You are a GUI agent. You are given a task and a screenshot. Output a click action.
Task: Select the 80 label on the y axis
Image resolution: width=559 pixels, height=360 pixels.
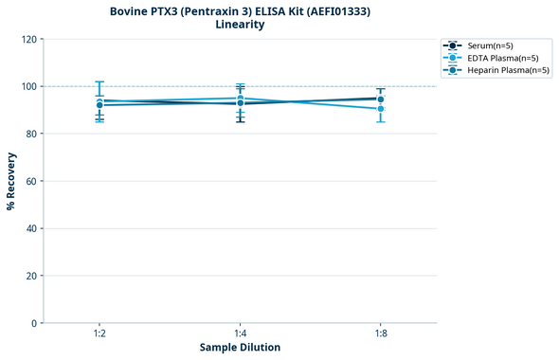[30, 134]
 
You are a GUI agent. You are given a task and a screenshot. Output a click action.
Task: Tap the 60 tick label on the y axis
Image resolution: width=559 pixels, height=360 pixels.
[30, 181]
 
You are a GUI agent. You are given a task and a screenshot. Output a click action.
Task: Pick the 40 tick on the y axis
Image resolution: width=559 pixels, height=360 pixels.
[30, 228]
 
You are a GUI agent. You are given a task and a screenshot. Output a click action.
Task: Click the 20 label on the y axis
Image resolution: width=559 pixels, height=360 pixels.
[30, 276]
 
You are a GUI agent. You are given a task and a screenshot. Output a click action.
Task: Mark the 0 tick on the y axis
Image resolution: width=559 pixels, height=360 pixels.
[33, 323]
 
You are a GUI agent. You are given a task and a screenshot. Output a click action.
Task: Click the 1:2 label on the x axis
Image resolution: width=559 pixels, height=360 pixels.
[99, 334]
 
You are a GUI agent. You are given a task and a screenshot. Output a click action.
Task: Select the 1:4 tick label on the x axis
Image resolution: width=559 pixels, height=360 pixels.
[240, 334]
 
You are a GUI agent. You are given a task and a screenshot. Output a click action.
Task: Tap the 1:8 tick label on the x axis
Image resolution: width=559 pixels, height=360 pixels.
[380, 334]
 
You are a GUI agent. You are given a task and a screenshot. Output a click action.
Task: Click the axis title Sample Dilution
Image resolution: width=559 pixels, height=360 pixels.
[240, 348]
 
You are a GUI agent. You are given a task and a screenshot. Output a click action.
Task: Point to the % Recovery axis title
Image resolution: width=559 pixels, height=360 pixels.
[11, 181]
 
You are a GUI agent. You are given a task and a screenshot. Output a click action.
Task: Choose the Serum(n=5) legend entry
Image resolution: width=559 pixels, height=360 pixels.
[490, 45]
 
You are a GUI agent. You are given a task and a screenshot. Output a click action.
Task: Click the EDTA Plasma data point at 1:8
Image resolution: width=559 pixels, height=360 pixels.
[380, 109]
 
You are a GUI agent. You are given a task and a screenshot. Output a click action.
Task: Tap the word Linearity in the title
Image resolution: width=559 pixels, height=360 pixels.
[240, 25]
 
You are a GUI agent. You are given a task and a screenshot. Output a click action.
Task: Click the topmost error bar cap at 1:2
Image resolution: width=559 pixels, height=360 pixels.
[99, 81]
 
